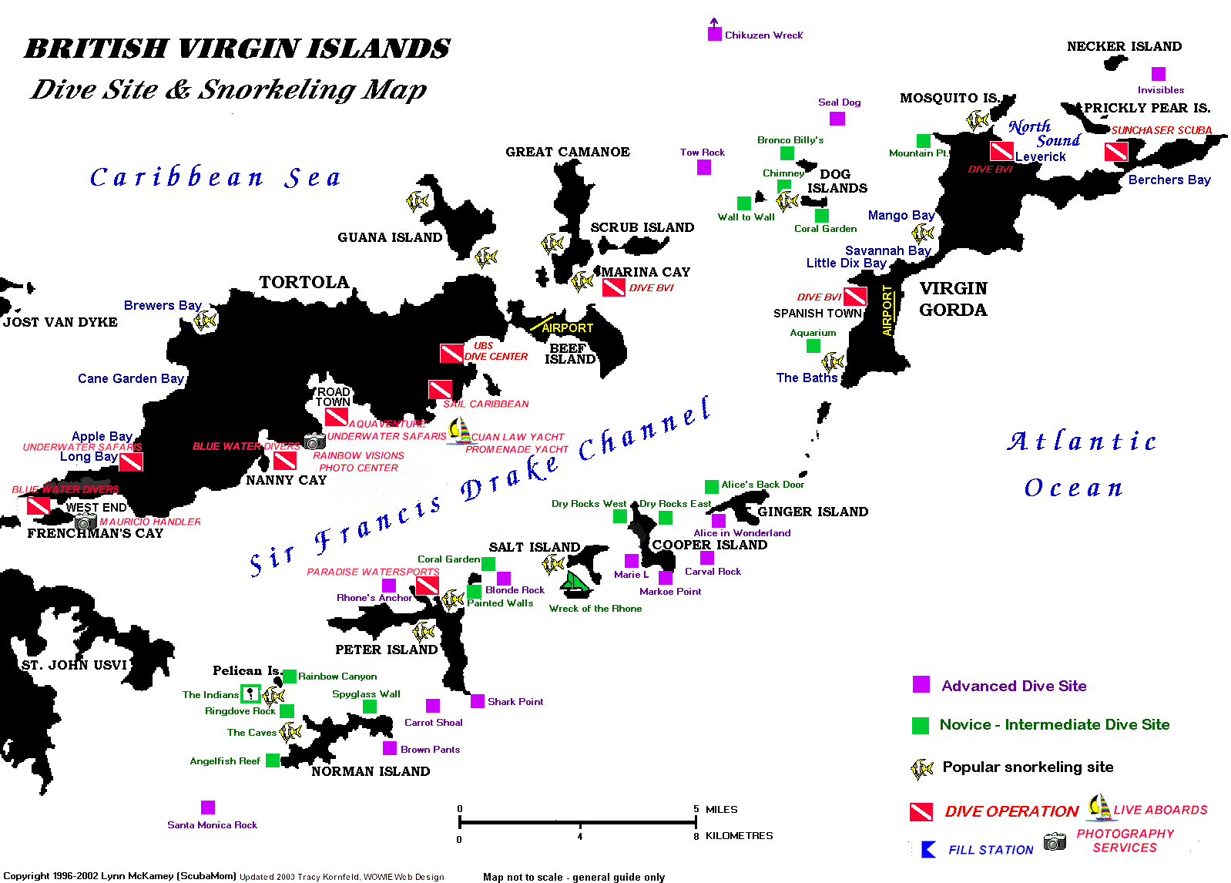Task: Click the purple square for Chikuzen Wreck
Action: [x=715, y=34]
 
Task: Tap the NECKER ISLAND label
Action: [x=1124, y=46]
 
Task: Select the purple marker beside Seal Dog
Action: [x=837, y=119]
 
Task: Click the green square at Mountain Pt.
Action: [x=924, y=140]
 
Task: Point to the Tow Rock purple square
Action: [x=704, y=167]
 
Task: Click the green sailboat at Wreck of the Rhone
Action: [x=575, y=585]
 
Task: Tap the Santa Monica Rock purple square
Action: [x=208, y=807]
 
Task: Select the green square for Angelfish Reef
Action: [x=273, y=760]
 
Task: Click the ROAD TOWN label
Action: [x=333, y=397]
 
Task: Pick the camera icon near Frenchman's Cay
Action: [x=86, y=522]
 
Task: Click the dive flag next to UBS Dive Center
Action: [x=451, y=354]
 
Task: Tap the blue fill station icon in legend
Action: [x=929, y=849]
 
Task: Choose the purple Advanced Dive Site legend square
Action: [x=921, y=685]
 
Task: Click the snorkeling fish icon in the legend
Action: [x=922, y=768]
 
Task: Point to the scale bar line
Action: [x=578, y=823]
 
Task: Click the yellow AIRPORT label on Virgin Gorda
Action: [x=887, y=311]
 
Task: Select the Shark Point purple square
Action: [x=478, y=701]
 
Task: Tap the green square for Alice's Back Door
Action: [x=712, y=486]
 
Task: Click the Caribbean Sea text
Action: [x=215, y=178]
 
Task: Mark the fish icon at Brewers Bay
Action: [x=206, y=321]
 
